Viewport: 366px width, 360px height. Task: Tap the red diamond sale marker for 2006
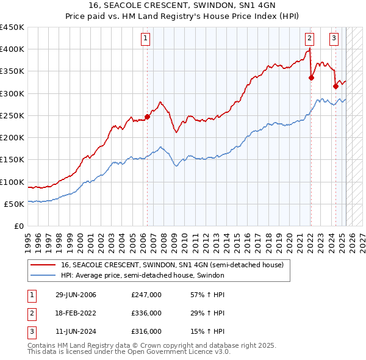point(147,117)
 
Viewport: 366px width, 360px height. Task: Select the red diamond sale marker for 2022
point(311,77)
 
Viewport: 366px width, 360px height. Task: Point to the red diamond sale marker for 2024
point(335,87)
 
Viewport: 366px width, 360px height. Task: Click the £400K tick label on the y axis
point(12,49)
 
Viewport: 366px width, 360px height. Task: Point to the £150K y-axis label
point(12,160)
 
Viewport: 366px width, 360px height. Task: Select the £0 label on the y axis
point(19,226)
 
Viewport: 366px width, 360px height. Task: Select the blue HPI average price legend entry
point(143,276)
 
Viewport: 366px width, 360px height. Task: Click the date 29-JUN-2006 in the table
point(76,295)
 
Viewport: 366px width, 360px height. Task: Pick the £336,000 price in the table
point(146,313)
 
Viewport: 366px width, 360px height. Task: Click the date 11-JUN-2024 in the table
point(76,331)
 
